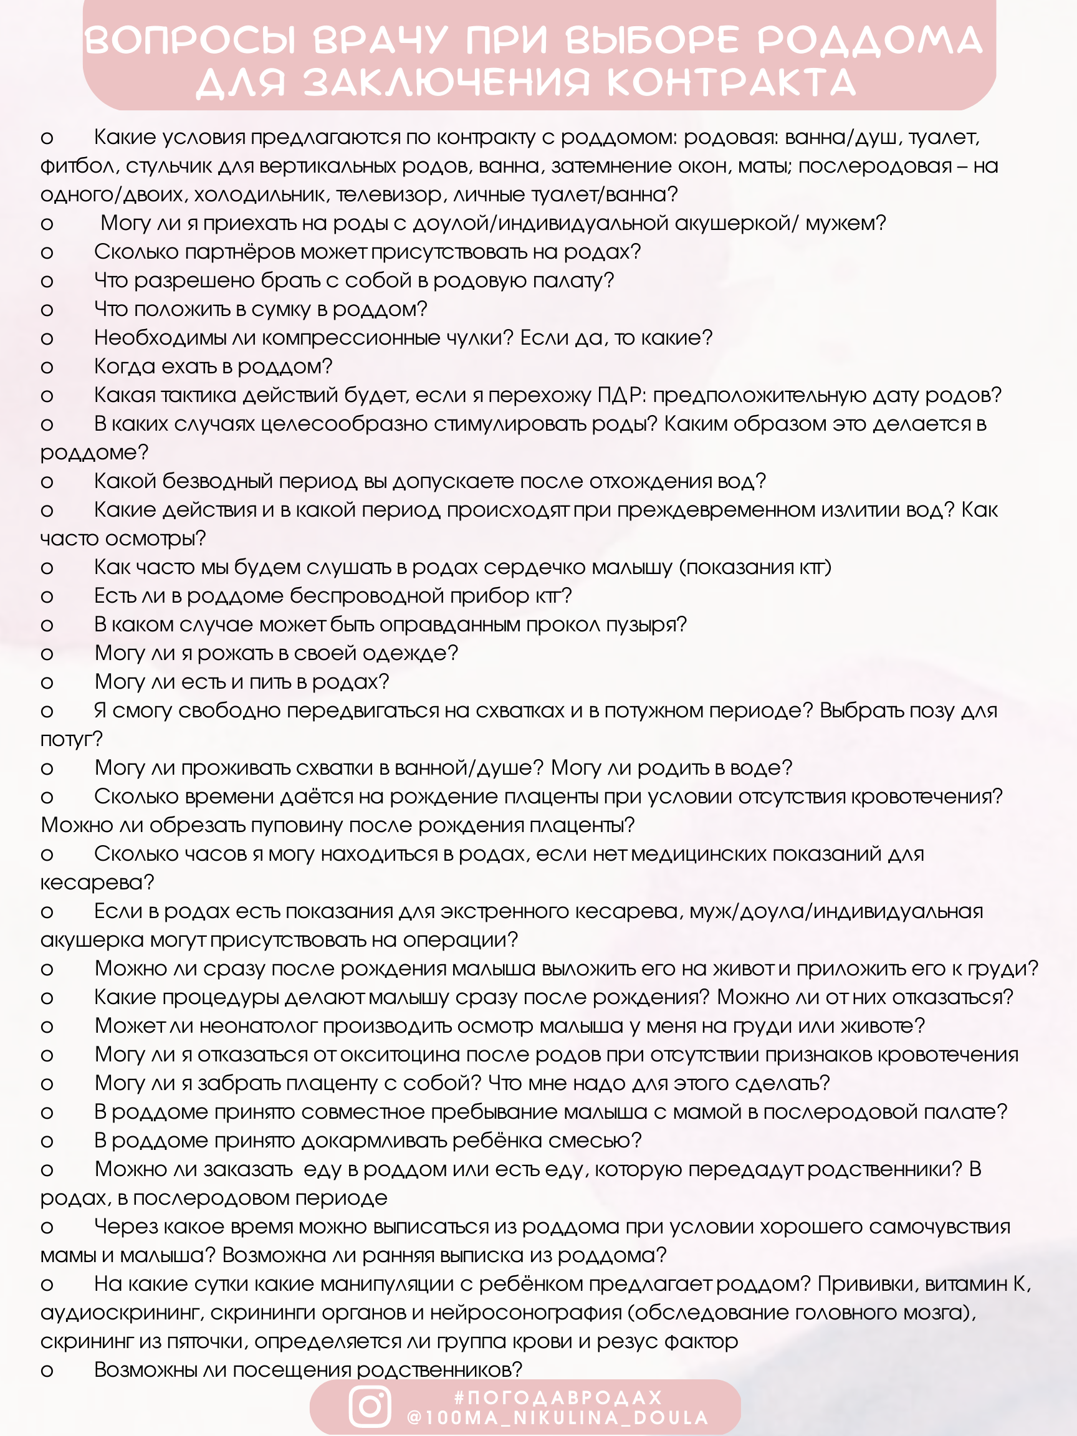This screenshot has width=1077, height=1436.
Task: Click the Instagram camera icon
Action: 370,1406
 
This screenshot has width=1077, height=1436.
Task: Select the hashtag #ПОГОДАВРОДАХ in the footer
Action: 558,1397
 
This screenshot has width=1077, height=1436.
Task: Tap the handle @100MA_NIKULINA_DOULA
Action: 558,1417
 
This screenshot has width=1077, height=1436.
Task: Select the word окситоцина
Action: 395,1055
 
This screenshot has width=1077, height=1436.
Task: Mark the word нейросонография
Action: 526,1313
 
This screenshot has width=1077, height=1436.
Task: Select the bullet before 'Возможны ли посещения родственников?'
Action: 47,1371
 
